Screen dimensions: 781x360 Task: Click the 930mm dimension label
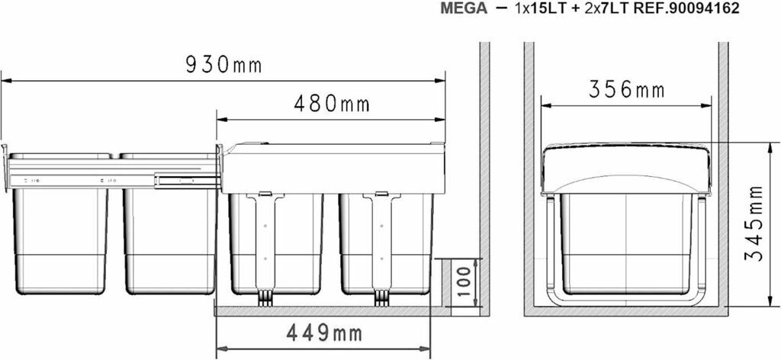223,65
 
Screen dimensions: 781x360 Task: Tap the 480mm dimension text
332,104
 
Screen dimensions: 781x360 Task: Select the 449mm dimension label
324,333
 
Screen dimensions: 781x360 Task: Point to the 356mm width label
627,90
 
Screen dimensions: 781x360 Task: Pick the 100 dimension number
464,281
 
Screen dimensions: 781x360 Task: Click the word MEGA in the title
464,9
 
